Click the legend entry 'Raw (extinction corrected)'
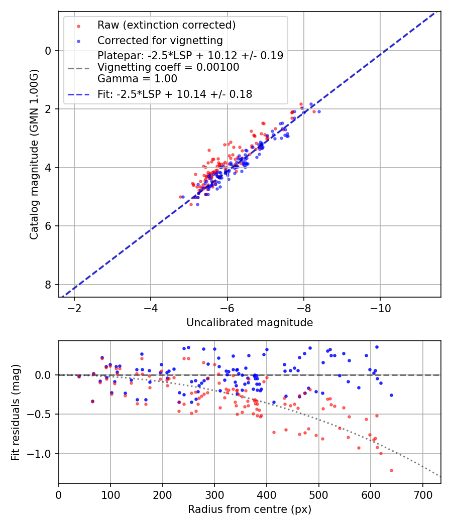tap(166, 25)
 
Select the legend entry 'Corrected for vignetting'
tap(160, 40)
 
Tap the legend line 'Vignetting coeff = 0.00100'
tap(168, 67)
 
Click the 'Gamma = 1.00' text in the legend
tap(137, 78)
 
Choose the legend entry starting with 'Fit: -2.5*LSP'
tap(175, 93)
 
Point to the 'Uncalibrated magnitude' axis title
tap(250, 323)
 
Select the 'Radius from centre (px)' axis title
tap(250, 509)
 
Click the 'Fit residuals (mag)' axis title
tap(16, 413)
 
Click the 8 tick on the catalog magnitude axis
tap(49, 285)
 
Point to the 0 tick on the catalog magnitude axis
tap(49, 50)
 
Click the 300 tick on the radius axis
tap(214, 494)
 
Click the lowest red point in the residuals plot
tap(391, 470)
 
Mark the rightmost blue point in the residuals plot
tap(391, 395)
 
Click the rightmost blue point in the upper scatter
tap(319, 111)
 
